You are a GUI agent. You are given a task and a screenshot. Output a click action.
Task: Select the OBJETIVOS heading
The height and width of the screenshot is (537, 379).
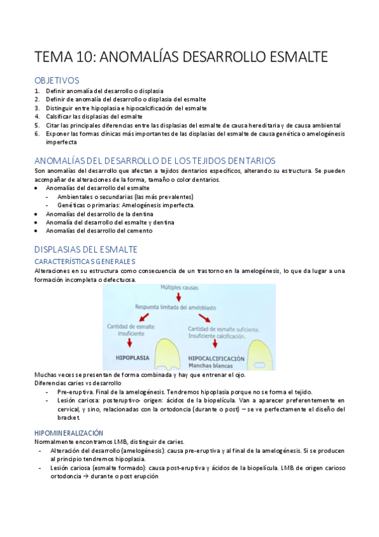[x=57, y=80]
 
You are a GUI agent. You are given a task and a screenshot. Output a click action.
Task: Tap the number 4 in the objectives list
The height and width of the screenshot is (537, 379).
[x=37, y=108]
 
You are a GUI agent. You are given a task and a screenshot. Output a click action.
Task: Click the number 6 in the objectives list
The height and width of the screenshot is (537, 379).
[x=37, y=134]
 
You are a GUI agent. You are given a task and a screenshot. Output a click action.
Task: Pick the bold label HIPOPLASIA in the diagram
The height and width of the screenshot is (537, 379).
[x=132, y=357]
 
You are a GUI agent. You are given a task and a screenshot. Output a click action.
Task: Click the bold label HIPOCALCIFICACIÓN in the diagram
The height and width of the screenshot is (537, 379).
[x=216, y=358]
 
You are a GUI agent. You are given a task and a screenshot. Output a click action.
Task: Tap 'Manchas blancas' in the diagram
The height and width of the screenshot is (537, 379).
[x=209, y=365]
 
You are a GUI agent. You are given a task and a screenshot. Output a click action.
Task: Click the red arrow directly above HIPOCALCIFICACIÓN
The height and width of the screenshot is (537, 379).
[x=215, y=343]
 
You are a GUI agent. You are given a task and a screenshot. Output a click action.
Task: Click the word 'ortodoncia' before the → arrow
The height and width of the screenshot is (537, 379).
[x=53, y=476]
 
